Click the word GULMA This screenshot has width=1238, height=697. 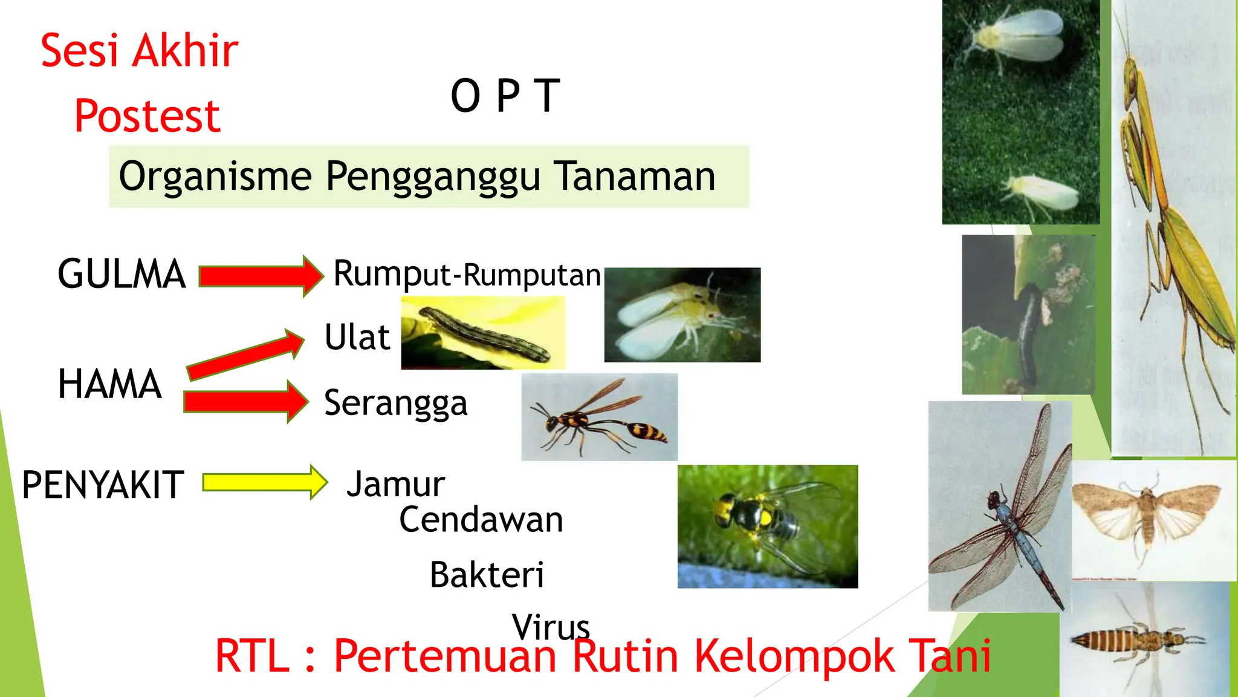point(122,274)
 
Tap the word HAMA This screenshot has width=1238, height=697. point(110,384)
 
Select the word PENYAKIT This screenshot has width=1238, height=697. point(103,485)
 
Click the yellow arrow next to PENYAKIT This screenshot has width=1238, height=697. point(265,483)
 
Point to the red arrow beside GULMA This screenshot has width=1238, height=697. point(261,276)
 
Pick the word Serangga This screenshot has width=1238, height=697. point(396,404)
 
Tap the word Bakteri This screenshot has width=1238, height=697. point(487,575)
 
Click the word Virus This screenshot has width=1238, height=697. point(551,627)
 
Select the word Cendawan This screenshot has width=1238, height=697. point(481,520)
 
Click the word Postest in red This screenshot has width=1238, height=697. point(147,116)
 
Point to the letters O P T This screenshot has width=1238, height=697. point(505,96)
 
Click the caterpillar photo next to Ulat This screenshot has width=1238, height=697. point(483,333)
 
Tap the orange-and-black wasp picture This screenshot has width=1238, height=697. point(599,417)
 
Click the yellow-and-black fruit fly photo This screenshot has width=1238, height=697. point(767,526)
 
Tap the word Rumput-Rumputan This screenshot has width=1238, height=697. point(467,274)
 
